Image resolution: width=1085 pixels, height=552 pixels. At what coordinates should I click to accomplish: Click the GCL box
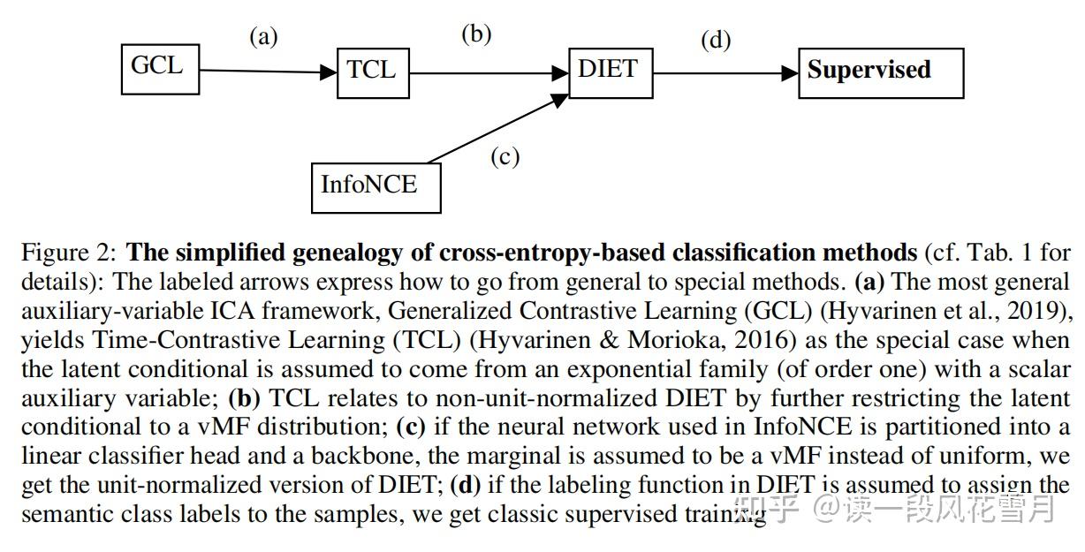[x=159, y=68]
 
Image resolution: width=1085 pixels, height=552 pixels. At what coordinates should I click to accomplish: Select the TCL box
[x=372, y=72]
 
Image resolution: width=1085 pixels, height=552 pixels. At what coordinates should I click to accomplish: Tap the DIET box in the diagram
[x=609, y=72]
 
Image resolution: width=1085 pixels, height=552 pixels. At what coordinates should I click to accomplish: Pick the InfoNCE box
[x=376, y=186]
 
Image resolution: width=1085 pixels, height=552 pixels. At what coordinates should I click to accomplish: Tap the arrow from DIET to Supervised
[x=725, y=73]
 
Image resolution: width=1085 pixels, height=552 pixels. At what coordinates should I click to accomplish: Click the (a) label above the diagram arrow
[x=263, y=38]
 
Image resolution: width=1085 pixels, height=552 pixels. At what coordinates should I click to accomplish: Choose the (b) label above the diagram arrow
[x=476, y=34]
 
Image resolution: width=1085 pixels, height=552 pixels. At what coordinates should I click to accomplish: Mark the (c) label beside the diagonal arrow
[x=505, y=157]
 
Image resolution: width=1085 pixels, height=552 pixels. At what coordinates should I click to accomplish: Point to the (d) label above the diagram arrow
[x=716, y=41]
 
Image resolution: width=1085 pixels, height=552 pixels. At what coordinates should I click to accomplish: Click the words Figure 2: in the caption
[x=68, y=254]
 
